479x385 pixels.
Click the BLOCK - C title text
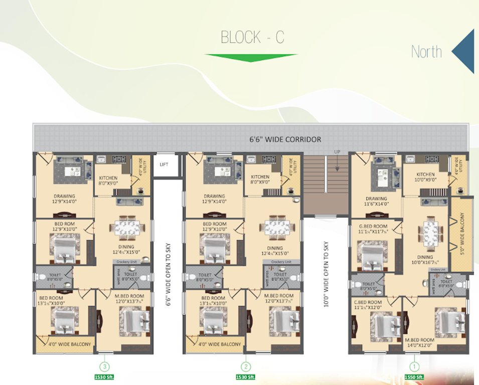point(252,38)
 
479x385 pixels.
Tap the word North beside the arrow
point(426,52)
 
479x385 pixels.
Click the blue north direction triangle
point(464,51)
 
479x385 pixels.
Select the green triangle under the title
point(251,57)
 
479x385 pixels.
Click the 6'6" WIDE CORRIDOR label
point(286,139)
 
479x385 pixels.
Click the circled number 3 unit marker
point(105,366)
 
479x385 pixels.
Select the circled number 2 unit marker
point(245,366)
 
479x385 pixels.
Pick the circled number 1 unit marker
point(414,366)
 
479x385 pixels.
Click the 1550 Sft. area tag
point(414,376)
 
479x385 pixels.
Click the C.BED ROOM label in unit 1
point(368,305)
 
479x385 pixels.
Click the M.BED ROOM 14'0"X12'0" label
point(420,343)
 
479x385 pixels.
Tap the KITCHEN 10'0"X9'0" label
point(425,177)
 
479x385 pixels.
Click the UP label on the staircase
point(338,152)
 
